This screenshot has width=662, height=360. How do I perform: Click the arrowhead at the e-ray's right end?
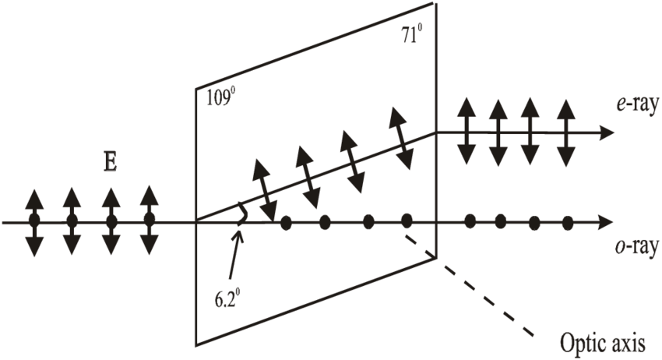pos(605,132)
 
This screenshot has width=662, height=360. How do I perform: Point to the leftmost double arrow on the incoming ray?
pos(33,222)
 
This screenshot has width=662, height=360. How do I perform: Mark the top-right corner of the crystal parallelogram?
pos(435,6)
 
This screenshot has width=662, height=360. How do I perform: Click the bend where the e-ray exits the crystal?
pos(435,132)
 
